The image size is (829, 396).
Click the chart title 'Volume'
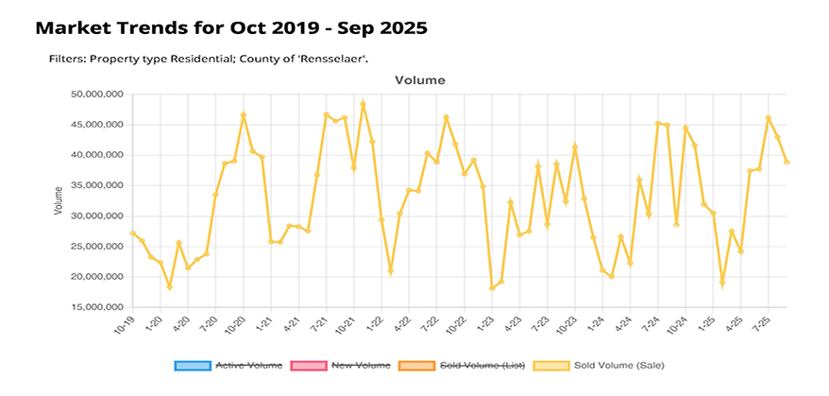tap(419, 81)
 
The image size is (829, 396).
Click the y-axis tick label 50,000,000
tap(98, 95)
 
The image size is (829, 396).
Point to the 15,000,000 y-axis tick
tap(98, 307)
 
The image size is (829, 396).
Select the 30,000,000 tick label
tap(98, 215)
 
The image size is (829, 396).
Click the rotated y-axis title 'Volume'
tap(59, 200)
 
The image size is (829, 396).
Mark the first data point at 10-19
tap(133, 233)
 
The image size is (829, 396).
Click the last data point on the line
tap(787, 163)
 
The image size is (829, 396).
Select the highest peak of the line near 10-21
tap(363, 103)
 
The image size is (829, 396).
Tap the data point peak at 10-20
tap(244, 115)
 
